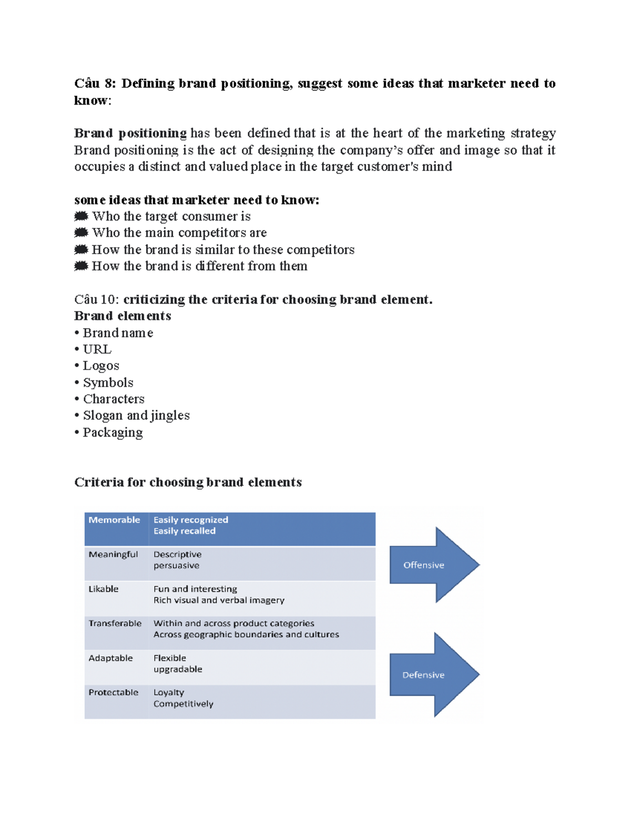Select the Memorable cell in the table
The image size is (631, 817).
point(114,520)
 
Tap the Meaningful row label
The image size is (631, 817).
point(113,554)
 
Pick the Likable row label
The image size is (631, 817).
point(103,589)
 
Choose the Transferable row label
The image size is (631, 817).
point(115,623)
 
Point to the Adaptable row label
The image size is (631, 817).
point(110,658)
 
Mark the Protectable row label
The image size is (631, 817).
point(113,692)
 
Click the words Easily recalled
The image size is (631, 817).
point(184,531)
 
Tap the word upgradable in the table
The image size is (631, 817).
point(178,669)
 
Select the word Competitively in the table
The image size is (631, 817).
point(183,704)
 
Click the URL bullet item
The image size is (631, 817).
point(97,349)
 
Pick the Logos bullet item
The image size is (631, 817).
point(100,366)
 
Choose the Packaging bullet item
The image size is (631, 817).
point(113,432)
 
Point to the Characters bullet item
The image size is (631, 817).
point(113,399)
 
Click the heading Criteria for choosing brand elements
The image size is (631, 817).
point(188,482)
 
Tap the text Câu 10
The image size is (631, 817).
point(96,300)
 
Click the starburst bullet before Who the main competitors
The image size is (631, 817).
point(81,233)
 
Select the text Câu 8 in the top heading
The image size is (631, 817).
point(94,84)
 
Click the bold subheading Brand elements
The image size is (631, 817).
point(123,316)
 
